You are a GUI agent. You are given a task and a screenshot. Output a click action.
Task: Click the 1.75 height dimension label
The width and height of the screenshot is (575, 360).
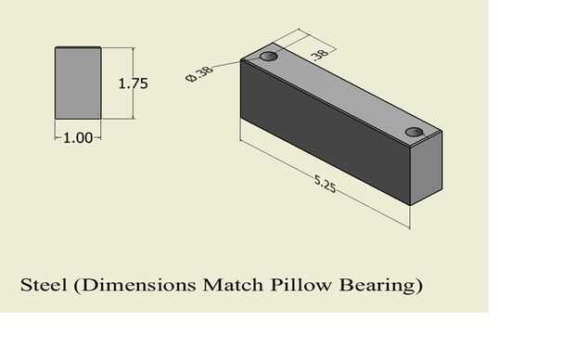tap(134, 84)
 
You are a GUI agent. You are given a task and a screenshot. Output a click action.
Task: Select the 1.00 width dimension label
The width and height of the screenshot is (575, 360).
tap(78, 138)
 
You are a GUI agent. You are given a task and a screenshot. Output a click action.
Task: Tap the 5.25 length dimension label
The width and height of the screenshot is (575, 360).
tap(325, 184)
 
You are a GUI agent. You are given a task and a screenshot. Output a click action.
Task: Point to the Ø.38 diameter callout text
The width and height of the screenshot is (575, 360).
tap(199, 74)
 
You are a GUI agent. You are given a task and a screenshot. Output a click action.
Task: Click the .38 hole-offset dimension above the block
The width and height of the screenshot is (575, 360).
tap(320, 55)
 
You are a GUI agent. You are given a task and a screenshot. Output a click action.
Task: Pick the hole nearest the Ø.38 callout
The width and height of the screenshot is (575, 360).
tap(269, 57)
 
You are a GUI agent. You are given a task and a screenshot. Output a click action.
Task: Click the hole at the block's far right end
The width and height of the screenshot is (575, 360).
tap(415, 132)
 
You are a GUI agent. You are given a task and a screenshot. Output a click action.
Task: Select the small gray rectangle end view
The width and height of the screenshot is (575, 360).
tap(78, 83)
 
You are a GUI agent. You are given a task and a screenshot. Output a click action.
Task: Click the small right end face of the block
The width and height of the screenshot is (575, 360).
tap(426, 168)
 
